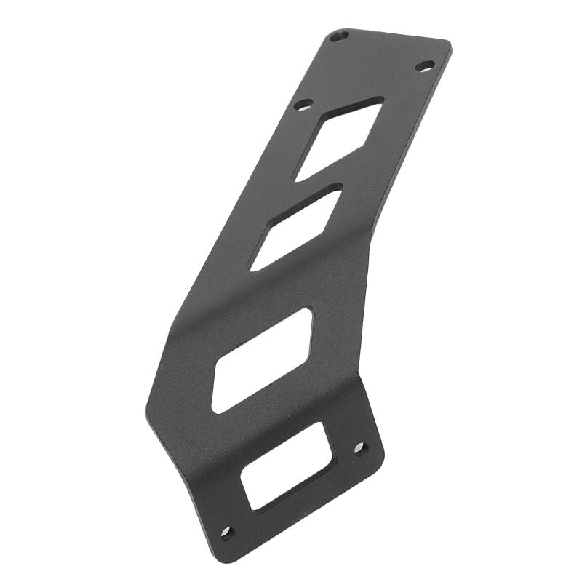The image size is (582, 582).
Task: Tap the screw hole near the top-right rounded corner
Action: click(425, 66)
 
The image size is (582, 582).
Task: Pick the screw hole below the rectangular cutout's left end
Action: click(227, 533)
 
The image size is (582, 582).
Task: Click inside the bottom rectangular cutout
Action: click(286, 466)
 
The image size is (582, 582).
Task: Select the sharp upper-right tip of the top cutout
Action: click(382, 100)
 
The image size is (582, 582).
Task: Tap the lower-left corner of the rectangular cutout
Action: click(252, 507)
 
